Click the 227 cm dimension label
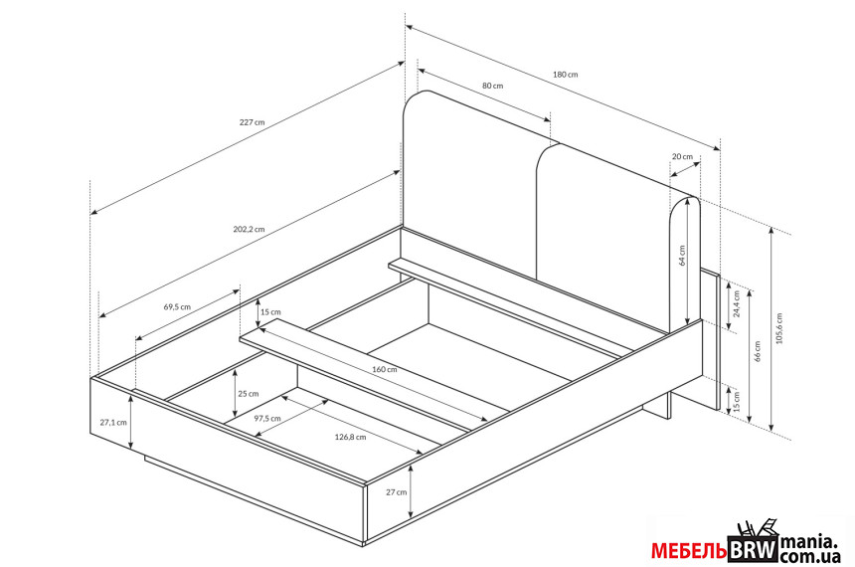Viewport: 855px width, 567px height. click(252, 122)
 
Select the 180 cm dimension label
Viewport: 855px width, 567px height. click(565, 75)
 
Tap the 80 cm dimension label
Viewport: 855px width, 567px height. click(492, 86)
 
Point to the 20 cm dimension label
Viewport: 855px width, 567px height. click(682, 157)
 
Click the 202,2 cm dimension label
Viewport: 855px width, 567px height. click(249, 229)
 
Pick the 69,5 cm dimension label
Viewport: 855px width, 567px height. click(177, 306)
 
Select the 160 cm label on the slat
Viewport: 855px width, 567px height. click(385, 369)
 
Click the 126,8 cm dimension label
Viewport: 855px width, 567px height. click(351, 437)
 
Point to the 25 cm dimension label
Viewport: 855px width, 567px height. click(248, 393)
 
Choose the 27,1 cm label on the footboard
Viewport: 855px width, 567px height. click(113, 422)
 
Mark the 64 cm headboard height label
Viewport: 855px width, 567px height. click(683, 257)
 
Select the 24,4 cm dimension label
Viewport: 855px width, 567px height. click(737, 303)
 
